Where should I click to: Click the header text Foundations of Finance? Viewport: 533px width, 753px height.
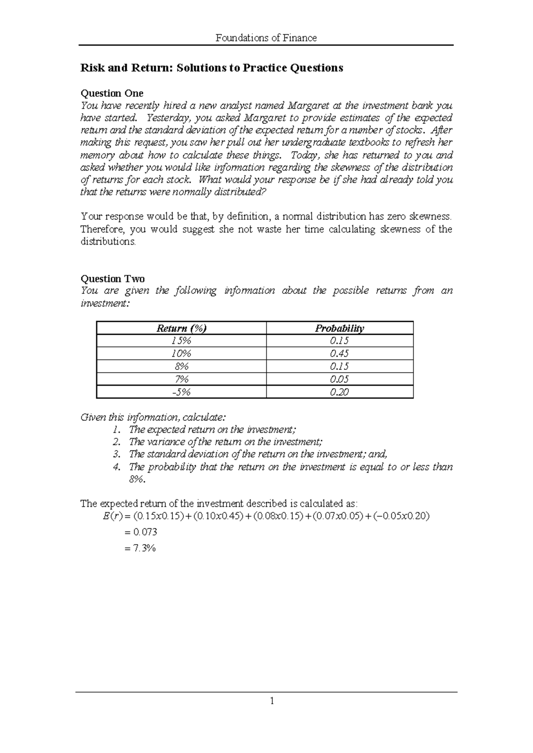pos(266,38)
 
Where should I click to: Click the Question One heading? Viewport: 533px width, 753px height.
pos(111,93)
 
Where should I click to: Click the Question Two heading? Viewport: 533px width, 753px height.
pos(112,279)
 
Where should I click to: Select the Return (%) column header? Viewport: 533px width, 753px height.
pos(181,329)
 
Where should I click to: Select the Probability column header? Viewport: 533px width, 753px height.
pos(339,329)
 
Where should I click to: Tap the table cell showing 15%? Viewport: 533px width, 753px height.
pos(181,341)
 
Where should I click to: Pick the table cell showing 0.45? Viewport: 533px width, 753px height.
pos(339,354)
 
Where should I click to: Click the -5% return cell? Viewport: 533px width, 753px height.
pos(181,392)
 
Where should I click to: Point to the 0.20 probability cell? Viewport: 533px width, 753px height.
pos(339,392)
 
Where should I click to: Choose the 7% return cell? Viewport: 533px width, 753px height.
pos(181,379)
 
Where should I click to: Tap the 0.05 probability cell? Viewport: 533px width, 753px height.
pos(339,379)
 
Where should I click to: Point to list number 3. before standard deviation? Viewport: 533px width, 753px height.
pos(117,454)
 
